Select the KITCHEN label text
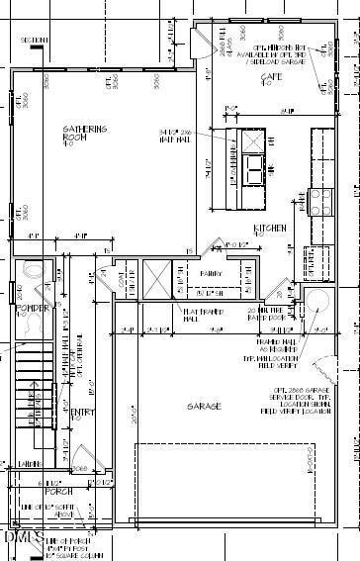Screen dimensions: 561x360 click(270, 229)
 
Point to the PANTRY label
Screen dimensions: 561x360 click(210, 273)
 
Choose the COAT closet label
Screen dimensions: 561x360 click(122, 284)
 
